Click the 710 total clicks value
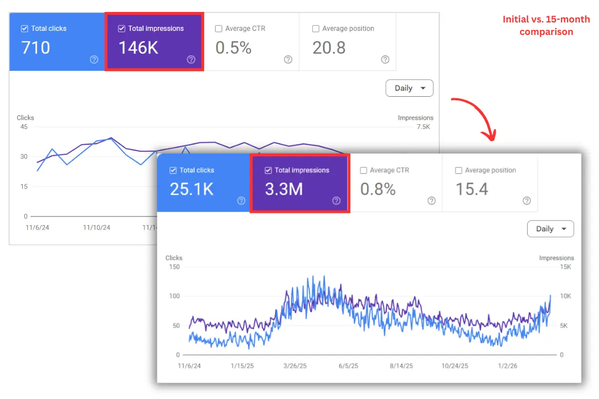point(35,48)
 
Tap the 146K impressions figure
point(138,48)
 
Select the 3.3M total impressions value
point(284,190)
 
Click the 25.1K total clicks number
point(192,190)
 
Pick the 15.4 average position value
point(472,190)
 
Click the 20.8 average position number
point(329,48)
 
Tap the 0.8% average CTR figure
point(378,190)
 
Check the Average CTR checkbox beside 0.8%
point(363,171)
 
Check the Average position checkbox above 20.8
point(315,29)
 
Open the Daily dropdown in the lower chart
point(551,229)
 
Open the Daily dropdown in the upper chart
point(409,88)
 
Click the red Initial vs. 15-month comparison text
point(546,25)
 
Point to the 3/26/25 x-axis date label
point(295,366)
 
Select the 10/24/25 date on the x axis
point(455,366)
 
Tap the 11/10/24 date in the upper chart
point(96,227)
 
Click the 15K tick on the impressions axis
point(566,266)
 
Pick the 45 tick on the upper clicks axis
point(24,127)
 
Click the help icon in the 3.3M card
point(336,200)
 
